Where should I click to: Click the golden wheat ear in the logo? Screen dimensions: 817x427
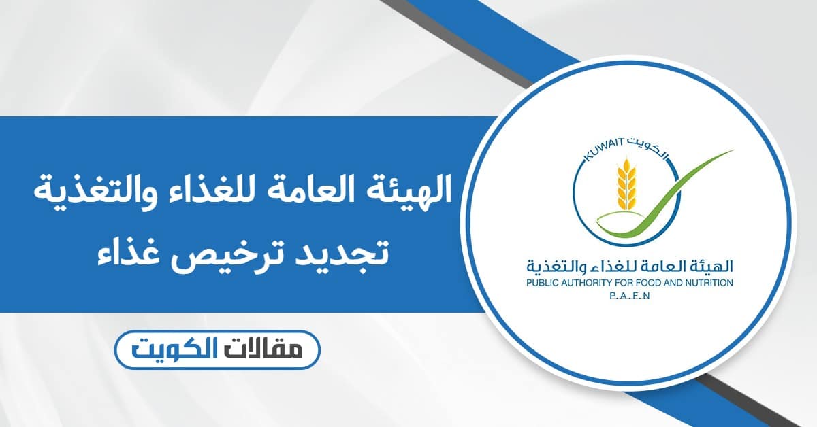(x=626, y=185)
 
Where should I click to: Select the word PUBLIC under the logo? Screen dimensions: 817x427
(x=541, y=283)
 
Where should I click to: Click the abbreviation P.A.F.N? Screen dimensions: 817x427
(x=630, y=296)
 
